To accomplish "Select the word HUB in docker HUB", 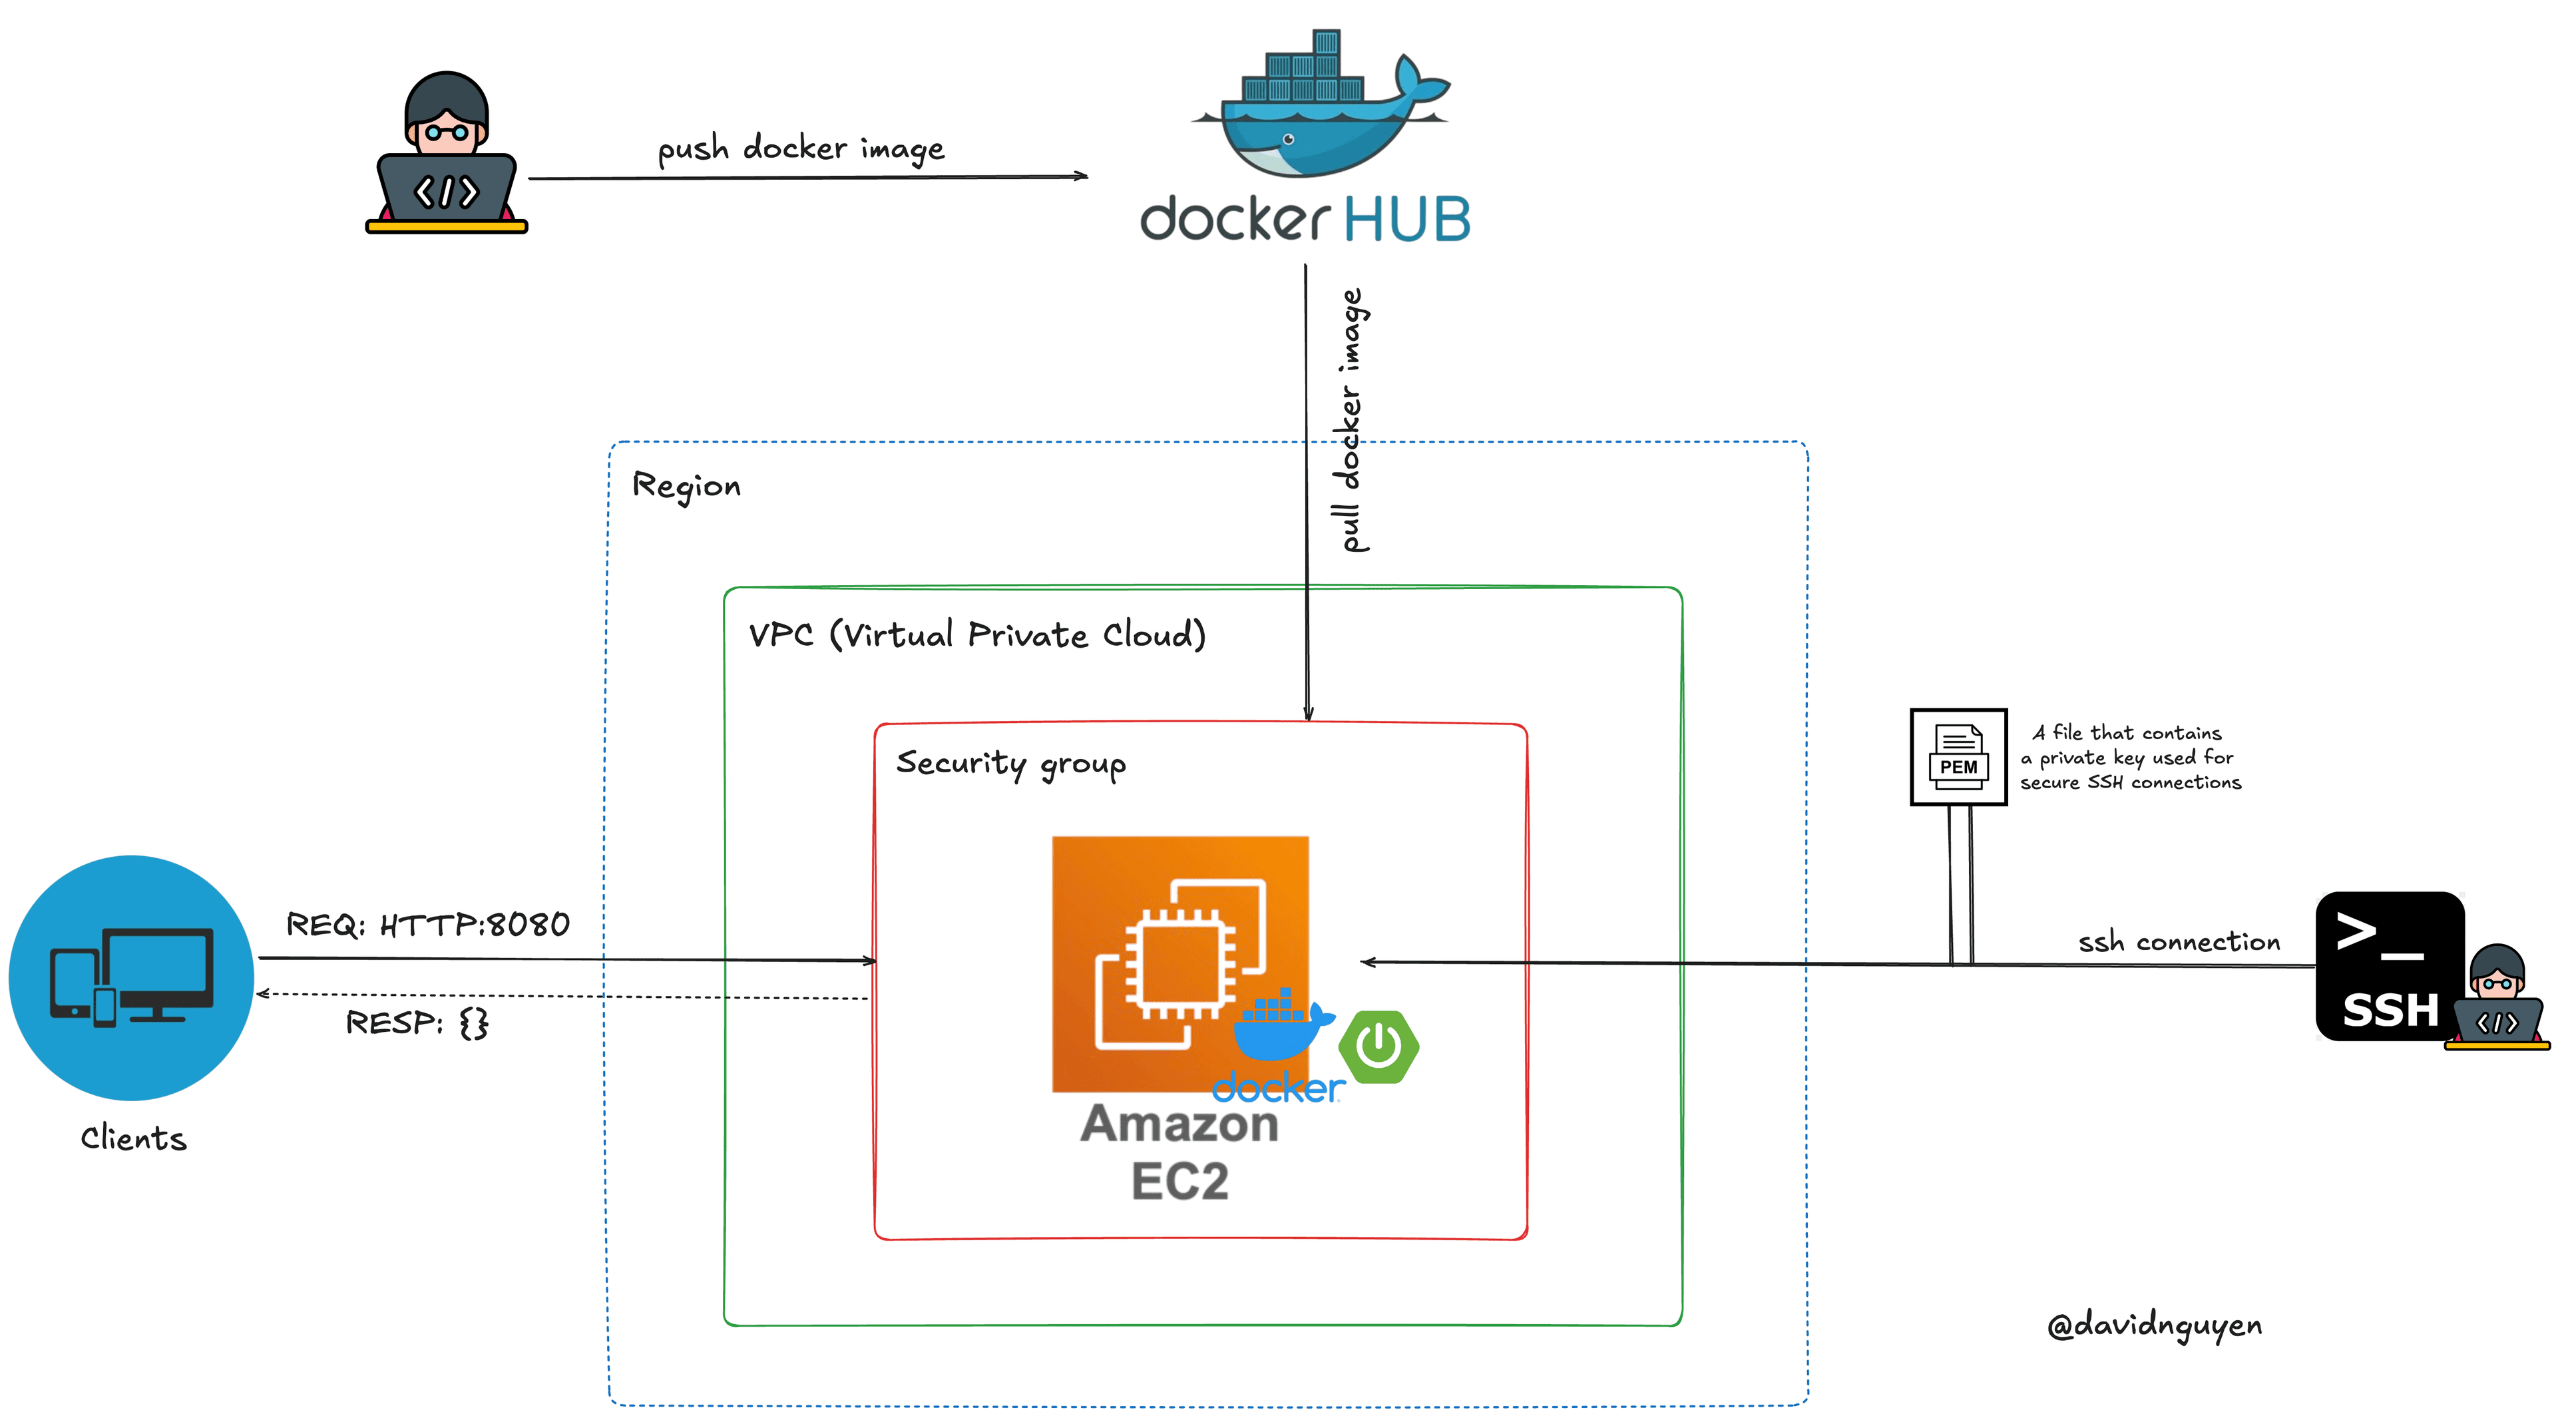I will tap(1407, 219).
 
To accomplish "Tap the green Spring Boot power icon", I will tap(1379, 1046).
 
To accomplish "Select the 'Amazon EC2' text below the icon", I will tap(1179, 1151).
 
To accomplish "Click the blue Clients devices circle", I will tap(131, 977).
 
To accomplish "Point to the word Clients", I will tap(134, 1138).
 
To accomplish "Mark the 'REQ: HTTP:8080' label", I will tap(427, 925).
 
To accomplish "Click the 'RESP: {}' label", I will tap(417, 1022).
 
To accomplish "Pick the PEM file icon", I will tap(1958, 757).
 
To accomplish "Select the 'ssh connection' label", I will tap(2179, 941).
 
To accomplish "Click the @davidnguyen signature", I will tap(2154, 1325).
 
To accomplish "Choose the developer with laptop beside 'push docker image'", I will tap(447, 154).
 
